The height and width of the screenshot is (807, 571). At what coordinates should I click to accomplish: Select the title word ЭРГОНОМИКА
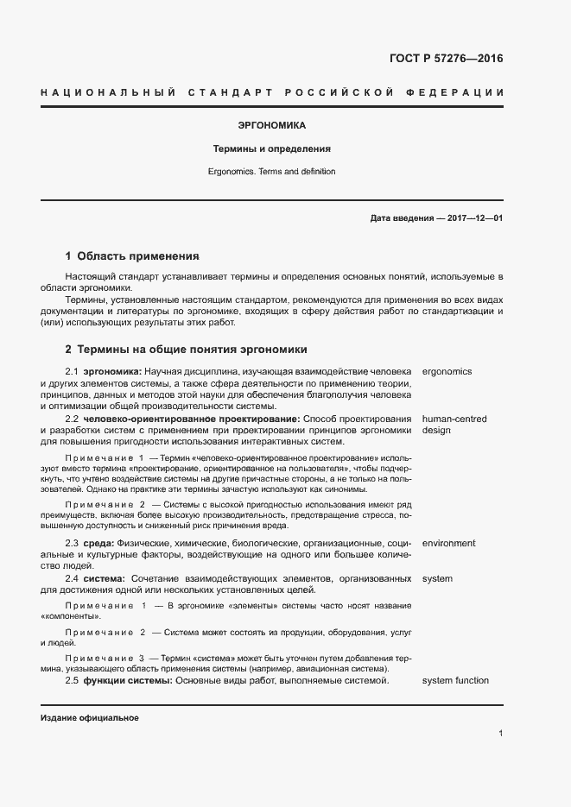coord(270,125)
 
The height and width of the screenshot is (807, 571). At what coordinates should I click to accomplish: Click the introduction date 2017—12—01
coord(472,219)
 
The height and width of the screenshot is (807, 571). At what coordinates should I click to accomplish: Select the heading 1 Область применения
coord(132,256)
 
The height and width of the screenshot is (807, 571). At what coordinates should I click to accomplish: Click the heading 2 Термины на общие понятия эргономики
coord(186,350)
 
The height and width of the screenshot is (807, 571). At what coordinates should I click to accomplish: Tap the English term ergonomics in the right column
coord(447,372)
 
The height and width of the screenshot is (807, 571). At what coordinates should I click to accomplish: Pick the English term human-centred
coord(454,419)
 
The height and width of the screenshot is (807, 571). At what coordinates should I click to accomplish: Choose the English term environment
coord(448,544)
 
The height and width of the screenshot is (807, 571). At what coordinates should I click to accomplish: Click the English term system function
coord(455,681)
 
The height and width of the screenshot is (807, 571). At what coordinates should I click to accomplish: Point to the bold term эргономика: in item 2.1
coord(112,372)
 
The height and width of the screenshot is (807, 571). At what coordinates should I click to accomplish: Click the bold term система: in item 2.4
coord(105,578)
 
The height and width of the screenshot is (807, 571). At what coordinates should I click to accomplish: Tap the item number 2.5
coord(73,681)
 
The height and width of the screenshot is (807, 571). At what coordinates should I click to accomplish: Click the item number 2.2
coord(73,419)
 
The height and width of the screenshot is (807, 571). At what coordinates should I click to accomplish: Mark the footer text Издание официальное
coord(90,718)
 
